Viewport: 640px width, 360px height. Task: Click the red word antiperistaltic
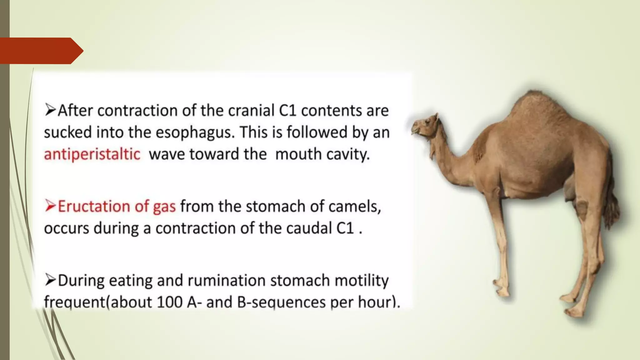pos(92,154)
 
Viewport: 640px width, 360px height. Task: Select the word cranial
pos(251,111)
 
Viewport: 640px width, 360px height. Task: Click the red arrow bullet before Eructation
pos(50,206)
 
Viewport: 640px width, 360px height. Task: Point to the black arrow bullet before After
pos(50,110)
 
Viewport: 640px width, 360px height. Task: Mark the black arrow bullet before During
pos(50,279)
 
